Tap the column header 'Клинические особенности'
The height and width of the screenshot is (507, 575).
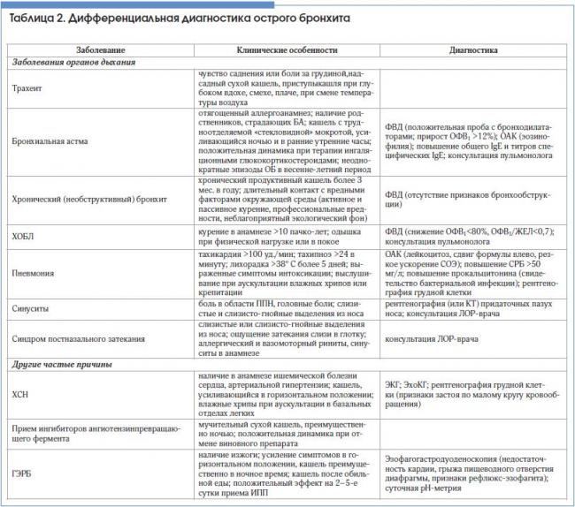(x=280, y=51)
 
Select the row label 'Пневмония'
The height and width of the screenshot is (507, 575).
(x=35, y=273)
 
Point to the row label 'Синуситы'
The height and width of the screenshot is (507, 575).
(x=33, y=309)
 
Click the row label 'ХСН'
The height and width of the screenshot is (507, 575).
(x=22, y=395)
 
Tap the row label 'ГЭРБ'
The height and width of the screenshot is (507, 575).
(x=24, y=473)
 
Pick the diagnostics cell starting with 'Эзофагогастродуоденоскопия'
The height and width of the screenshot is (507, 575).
(x=473, y=473)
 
